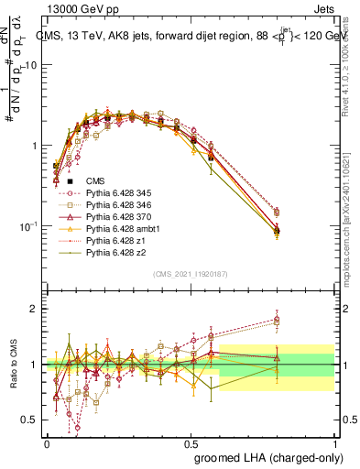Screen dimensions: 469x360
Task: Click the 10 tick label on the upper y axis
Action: point(30,65)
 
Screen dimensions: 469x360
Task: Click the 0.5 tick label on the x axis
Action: point(191,443)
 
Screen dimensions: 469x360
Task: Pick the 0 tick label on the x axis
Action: point(47,443)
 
